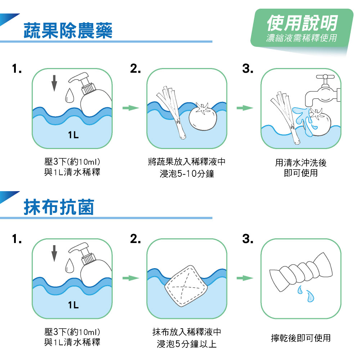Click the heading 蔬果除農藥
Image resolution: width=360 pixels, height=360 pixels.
tap(68, 31)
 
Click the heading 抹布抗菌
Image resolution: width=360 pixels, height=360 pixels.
tap(59, 207)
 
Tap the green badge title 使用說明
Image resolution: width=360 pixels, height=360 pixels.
tap(302, 23)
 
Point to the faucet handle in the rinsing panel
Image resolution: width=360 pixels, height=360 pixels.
tap(325, 77)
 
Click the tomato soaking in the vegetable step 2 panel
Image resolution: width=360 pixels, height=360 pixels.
tap(202, 117)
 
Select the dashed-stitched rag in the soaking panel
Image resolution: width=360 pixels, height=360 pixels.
tap(186, 286)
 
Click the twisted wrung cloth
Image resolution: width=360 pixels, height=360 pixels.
tap(301, 272)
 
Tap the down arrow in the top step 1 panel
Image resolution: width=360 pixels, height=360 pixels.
tap(54, 83)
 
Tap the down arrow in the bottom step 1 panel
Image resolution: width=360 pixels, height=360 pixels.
tap(54, 253)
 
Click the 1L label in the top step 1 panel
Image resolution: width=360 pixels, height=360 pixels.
tap(73, 135)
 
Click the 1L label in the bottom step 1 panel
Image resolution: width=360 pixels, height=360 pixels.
tap(73, 305)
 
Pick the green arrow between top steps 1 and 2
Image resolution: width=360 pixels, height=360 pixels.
tap(131, 108)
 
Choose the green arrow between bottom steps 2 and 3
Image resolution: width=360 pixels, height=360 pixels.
tap(245, 278)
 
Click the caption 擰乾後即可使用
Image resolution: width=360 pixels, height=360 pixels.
tap(301, 338)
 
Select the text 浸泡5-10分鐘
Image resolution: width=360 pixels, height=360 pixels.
tap(187, 174)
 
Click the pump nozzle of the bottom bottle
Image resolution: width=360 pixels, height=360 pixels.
tap(78, 248)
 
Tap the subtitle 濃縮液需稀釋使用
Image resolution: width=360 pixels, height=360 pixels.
tap(302, 38)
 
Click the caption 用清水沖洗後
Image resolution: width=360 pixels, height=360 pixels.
tap(301, 163)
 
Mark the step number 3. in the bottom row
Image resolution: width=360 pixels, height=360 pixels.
tap(248, 239)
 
